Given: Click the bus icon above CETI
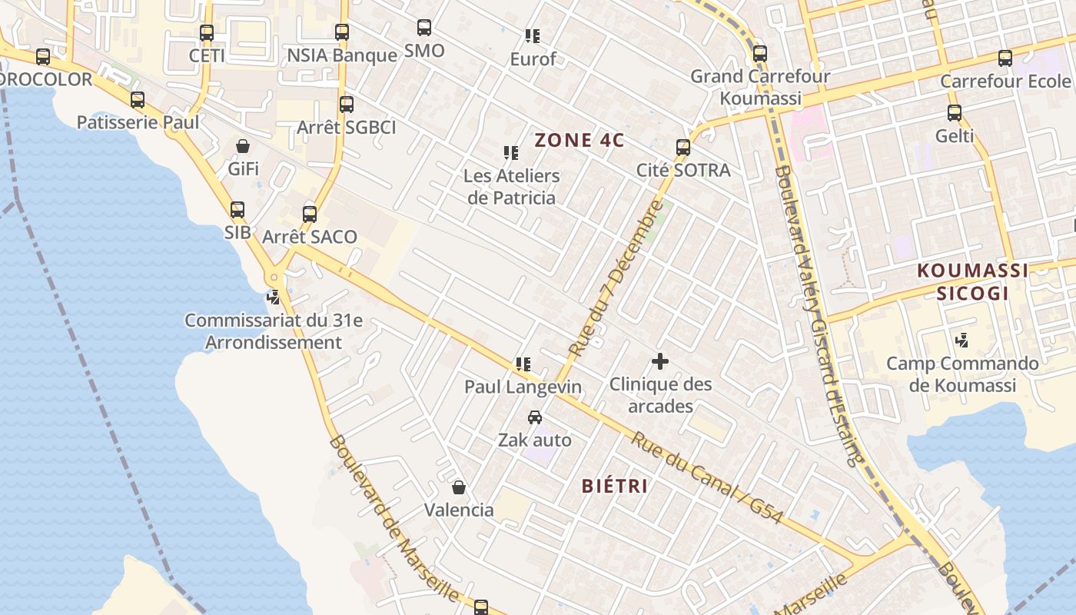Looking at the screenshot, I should pos(207,33).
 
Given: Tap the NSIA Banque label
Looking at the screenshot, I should pos(342,55).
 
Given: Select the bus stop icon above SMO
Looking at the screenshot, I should pos(424,28).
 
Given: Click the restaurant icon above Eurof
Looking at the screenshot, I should pos(533,35).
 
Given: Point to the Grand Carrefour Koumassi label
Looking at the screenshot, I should pos(760,87).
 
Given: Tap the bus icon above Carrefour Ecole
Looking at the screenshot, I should pos(1005,58).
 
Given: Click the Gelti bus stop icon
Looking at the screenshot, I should pos(955,113).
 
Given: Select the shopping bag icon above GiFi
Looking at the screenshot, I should pos(243,146).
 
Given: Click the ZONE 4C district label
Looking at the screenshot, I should pos(580,141).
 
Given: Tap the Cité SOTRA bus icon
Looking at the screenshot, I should pos(683,148).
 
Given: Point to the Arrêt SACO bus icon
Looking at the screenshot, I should pos(310,214).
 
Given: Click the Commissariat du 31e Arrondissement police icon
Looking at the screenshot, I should pos(273,297).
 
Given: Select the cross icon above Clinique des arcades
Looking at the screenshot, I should pos(660,361).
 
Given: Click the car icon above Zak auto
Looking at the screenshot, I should pos(535,417).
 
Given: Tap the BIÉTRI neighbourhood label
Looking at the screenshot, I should pos(615,486).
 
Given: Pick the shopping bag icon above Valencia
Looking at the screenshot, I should pos(459,487).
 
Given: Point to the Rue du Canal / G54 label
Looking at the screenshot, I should pos(707,478).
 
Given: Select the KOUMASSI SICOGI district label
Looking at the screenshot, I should pos(972,281).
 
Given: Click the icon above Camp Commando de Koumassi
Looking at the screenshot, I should pos(961,339).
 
